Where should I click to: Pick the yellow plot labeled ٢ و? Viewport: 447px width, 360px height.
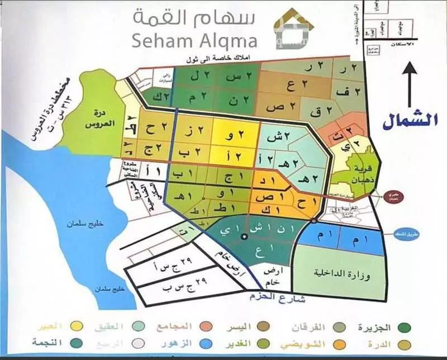tap(235, 134)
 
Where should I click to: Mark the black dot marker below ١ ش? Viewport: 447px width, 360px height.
tap(244, 238)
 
